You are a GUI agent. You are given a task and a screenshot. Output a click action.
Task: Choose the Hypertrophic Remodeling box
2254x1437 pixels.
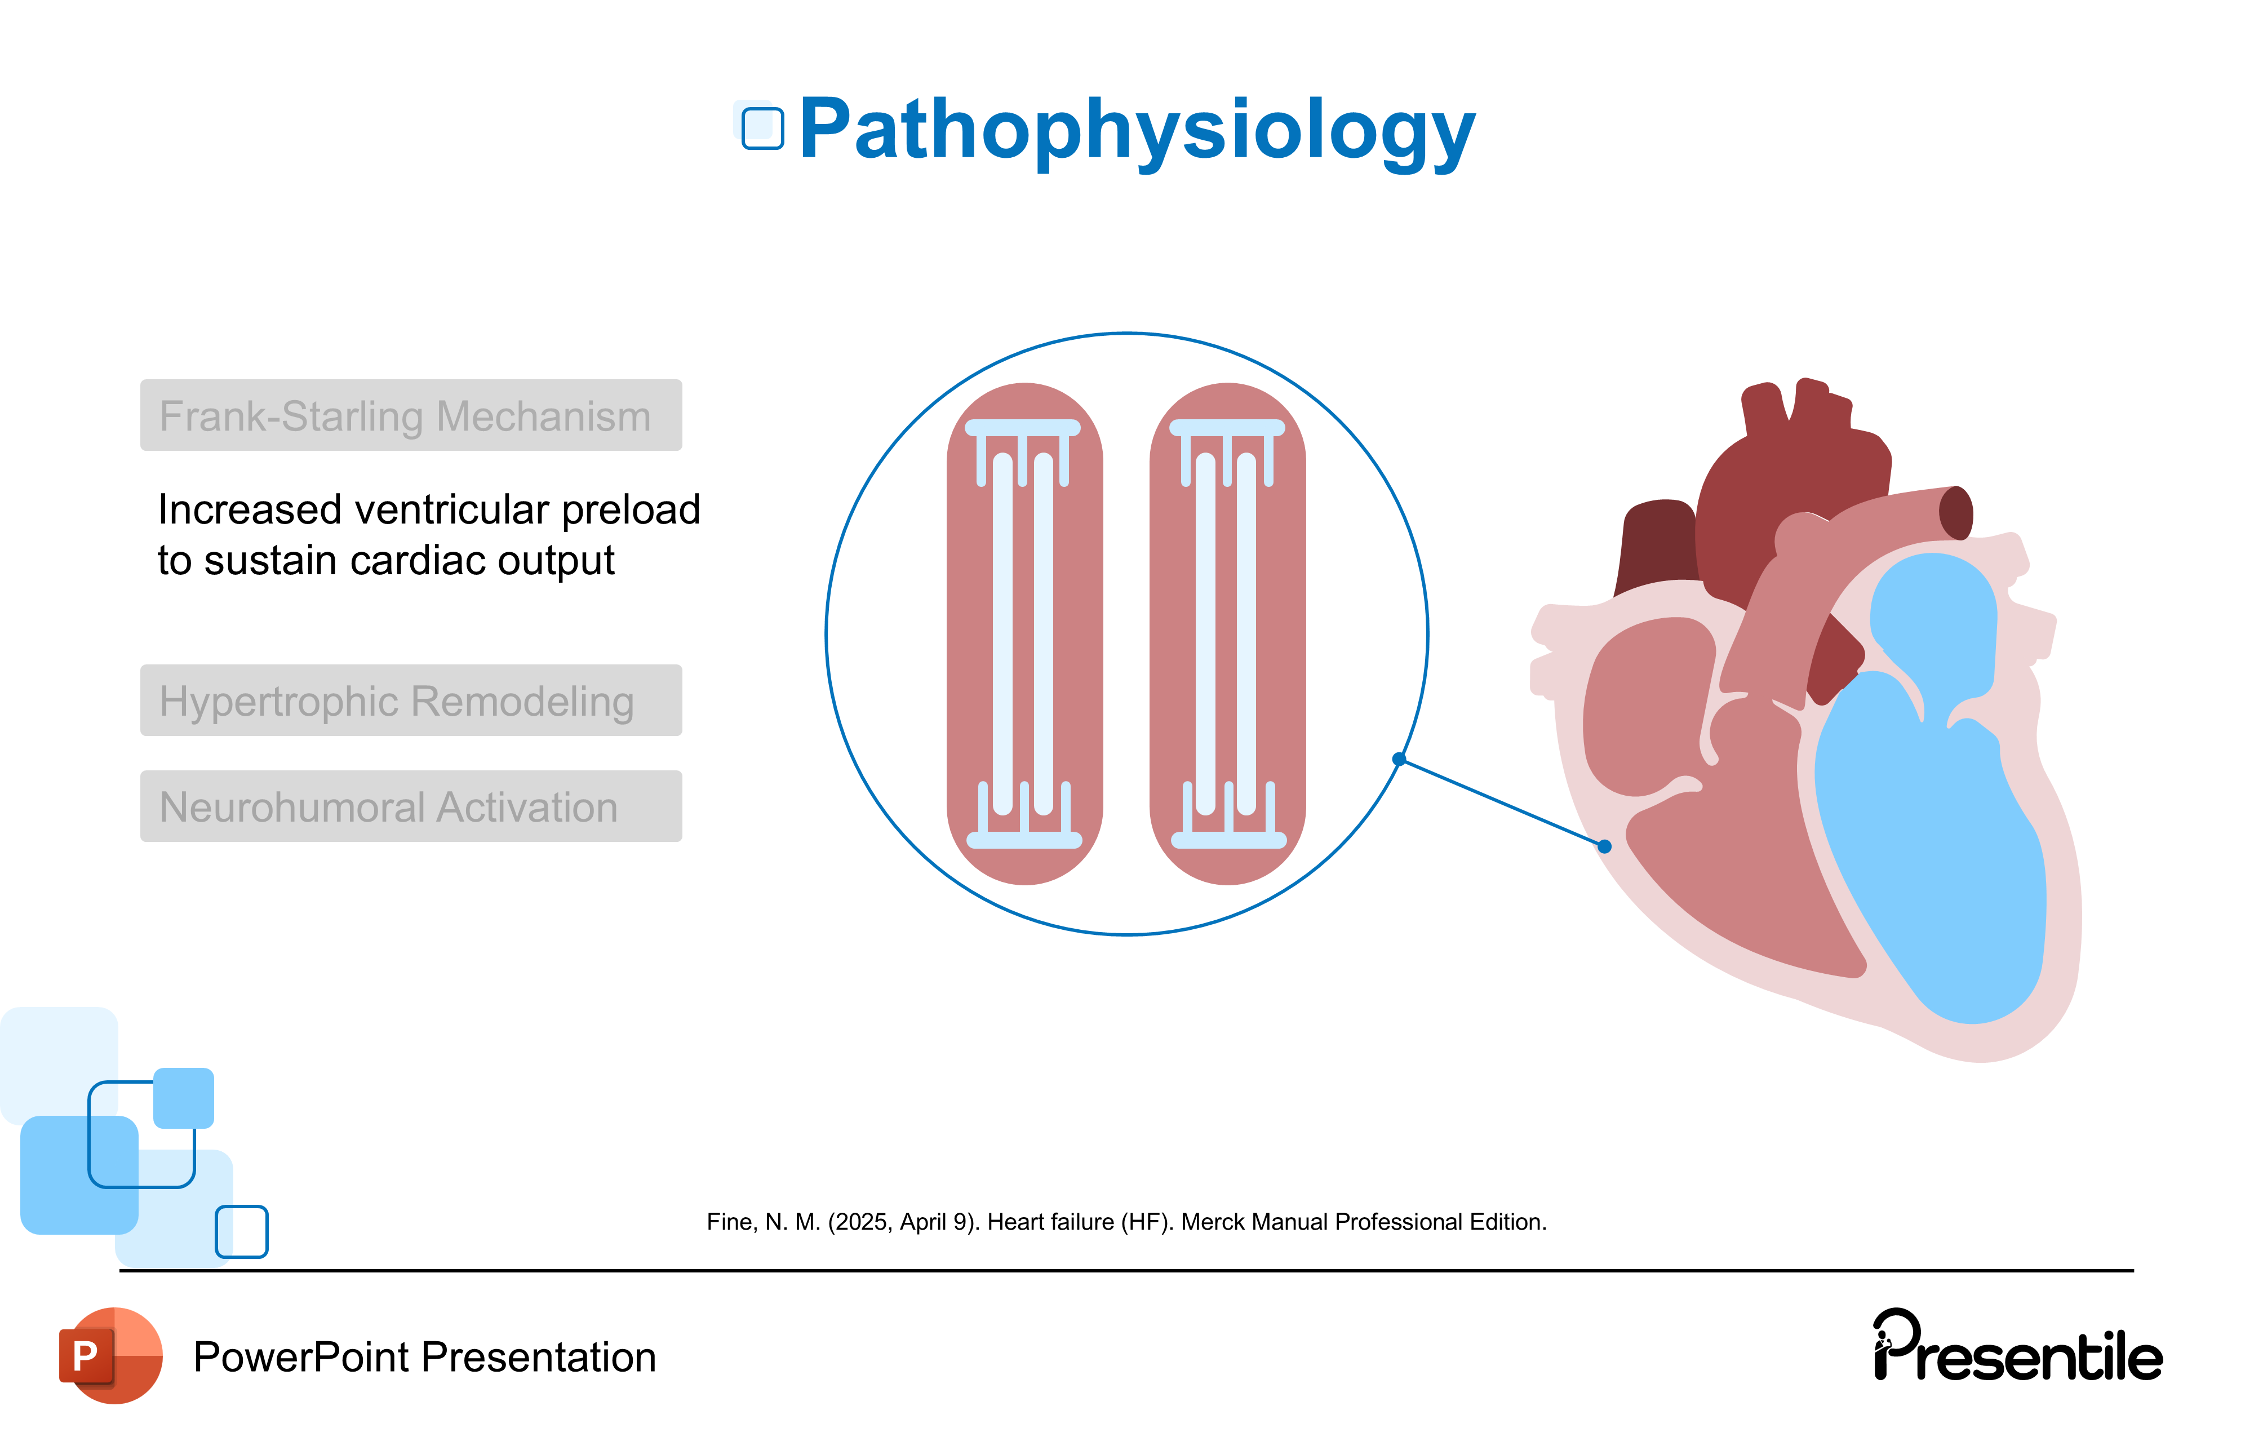click(411, 700)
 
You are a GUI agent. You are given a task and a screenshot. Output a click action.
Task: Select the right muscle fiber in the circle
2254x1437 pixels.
click(1227, 634)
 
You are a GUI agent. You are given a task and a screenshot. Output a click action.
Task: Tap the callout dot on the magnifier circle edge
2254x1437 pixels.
click(1399, 759)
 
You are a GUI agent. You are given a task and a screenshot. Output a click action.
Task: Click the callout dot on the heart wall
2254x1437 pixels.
click(1604, 846)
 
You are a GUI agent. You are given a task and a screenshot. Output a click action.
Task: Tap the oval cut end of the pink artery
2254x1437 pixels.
click(1955, 513)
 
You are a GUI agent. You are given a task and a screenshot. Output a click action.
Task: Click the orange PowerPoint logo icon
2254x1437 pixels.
click(110, 1355)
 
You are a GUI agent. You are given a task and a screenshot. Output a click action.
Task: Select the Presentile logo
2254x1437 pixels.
click(2017, 1348)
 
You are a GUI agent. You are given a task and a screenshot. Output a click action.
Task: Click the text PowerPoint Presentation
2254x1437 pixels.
click(424, 1358)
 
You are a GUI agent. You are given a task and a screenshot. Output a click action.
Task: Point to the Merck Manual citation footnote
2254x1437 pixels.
click(1126, 1222)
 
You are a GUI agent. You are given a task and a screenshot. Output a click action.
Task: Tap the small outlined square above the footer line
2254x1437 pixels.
click(242, 1231)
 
